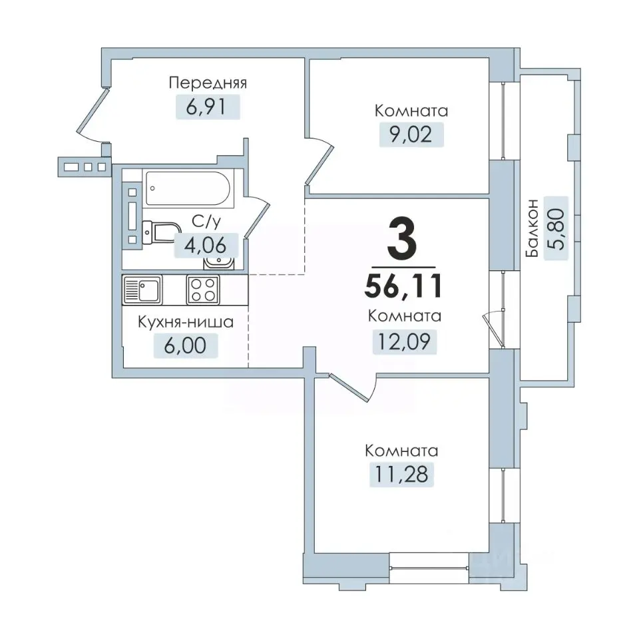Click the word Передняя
coord(208,83)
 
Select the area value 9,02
coord(411,134)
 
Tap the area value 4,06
coord(206,246)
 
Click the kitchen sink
coord(142,290)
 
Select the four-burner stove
coord(203,290)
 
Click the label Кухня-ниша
coord(186,322)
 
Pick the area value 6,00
coord(185,345)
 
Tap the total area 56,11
coord(403,286)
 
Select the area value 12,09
coord(404,341)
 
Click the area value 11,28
coord(401,475)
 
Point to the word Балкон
coord(532,228)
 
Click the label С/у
coord(206,222)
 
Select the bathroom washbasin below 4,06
coord(219,262)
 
